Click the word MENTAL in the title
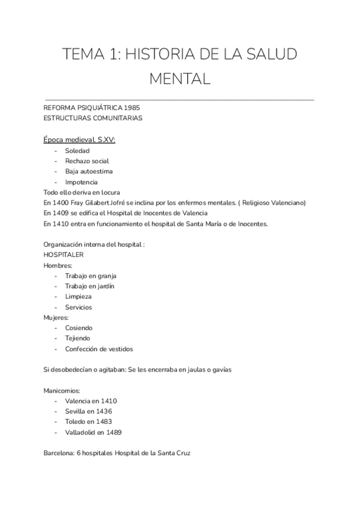[179, 78]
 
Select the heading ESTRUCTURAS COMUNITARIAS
[93, 118]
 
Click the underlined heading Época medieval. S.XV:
[80, 140]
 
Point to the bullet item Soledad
[77, 151]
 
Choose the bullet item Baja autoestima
[89, 171]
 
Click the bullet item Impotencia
[82, 182]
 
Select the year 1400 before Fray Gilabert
[61, 203]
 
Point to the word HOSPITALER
[64, 254]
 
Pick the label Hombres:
[58, 265]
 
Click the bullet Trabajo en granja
[91, 276]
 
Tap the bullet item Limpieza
[79, 297]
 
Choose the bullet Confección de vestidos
[99, 349]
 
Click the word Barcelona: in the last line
[59, 453]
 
